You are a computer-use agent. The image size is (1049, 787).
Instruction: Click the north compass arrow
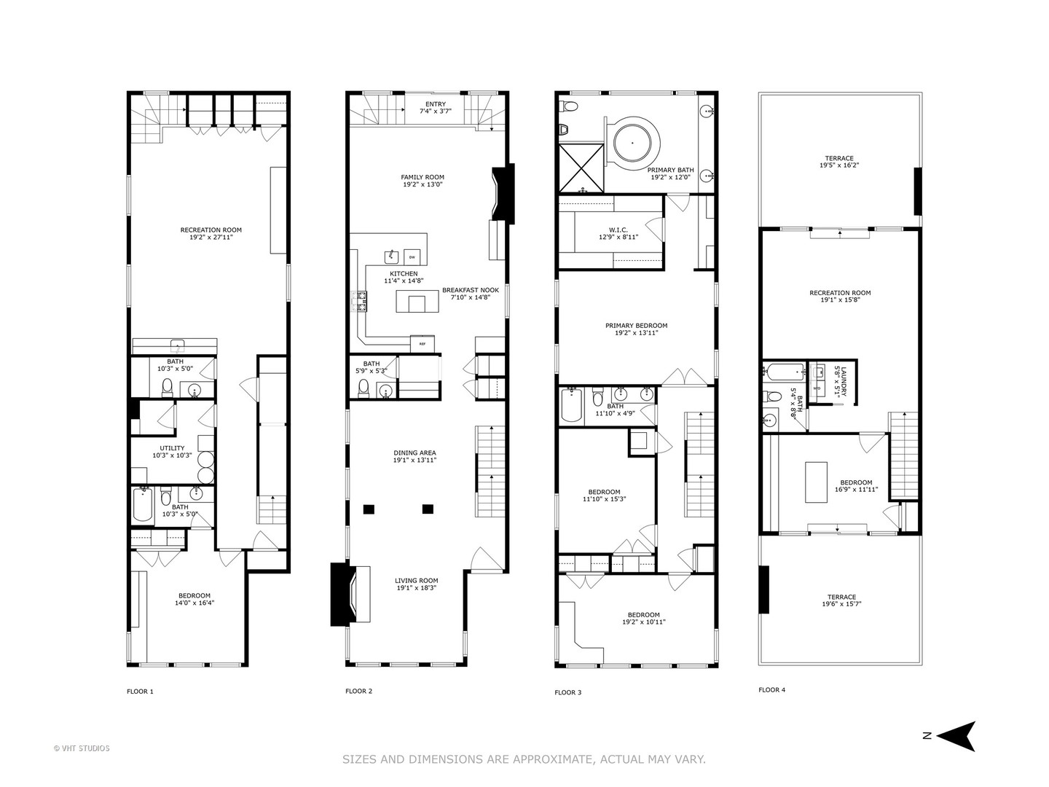point(956,736)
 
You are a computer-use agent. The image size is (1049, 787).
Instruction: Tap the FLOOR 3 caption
point(567,692)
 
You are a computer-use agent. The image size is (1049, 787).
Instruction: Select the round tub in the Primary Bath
point(632,142)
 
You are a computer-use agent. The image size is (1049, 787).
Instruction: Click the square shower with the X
point(581,168)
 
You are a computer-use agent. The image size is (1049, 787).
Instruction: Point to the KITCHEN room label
point(404,274)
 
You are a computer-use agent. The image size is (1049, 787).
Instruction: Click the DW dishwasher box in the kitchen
point(412,257)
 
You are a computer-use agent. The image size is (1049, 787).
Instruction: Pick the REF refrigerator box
point(423,343)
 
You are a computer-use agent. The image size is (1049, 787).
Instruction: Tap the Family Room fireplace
point(503,194)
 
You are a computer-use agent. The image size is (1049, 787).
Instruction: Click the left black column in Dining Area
point(369,509)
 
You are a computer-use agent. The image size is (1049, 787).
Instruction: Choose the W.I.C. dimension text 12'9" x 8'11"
point(618,237)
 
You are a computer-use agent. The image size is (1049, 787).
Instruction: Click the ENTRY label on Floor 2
point(436,104)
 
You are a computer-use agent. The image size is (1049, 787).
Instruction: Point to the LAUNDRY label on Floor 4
point(844,381)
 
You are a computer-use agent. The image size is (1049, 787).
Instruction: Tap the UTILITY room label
point(172,448)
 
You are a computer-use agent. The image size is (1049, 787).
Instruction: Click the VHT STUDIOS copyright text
point(82,748)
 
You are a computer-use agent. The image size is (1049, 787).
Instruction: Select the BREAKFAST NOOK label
point(471,290)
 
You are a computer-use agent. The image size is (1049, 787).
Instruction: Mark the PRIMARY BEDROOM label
point(636,326)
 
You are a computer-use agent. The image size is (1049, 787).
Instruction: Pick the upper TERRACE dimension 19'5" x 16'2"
point(839,165)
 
